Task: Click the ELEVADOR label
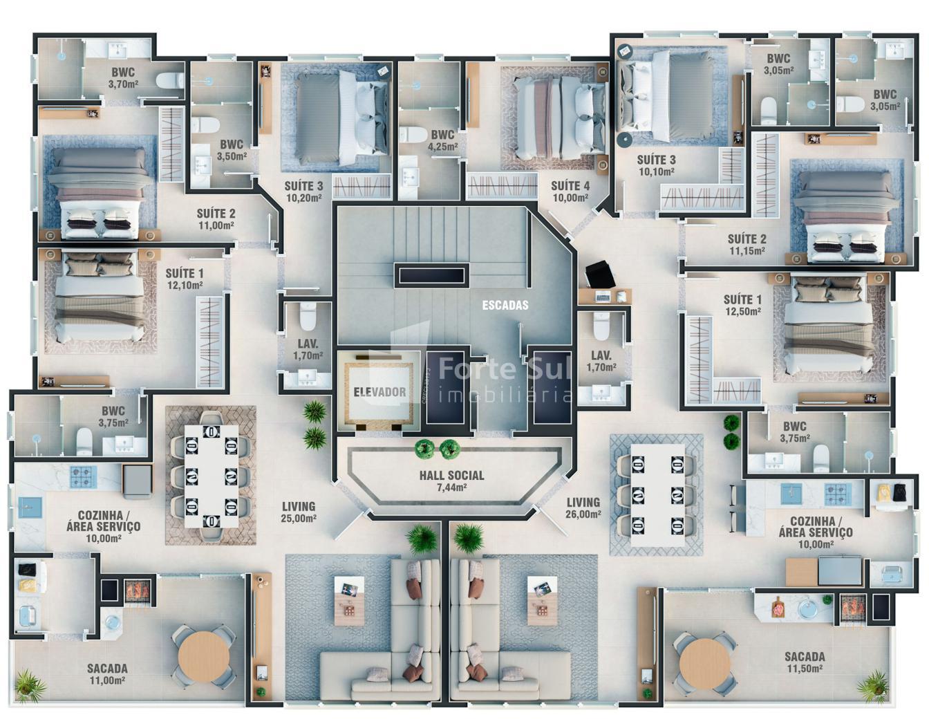pos(379,391)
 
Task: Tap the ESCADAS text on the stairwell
pos(505,306)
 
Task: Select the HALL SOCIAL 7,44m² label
pos(451,481)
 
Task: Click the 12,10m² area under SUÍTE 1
pos(185,285)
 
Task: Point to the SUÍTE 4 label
pos(570,186)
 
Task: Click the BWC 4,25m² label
pos(442,140)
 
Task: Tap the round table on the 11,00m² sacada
pos(203,656)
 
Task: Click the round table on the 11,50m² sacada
pos(704,663)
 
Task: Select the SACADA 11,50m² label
pos(805,662)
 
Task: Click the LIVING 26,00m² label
pos(583,508)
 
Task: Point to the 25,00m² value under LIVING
pos(299,519)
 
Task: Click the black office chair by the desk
pos(600,274)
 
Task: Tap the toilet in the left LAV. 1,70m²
pos(308,316)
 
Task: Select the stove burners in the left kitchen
pos(84,476)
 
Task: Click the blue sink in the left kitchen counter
pos(30,508)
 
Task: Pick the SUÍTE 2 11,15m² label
pos(747,245)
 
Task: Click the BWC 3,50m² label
pos(232,151)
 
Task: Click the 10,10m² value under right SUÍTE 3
pos(656,172)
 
